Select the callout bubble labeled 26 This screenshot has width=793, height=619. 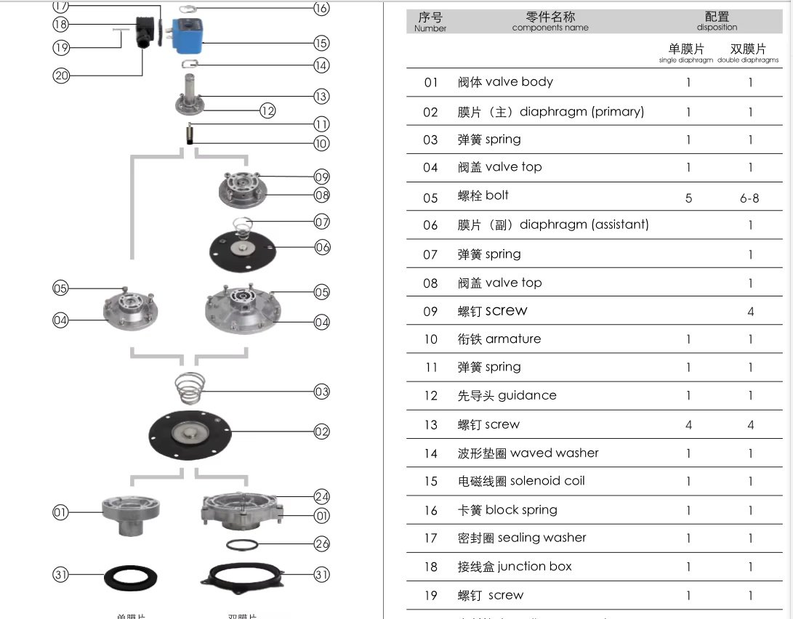(322, 543)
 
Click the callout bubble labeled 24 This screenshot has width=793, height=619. (322, 497)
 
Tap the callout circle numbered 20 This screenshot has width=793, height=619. (61, 74)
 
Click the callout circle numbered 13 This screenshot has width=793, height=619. (321, 96)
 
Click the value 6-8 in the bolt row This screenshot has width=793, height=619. (749, 198)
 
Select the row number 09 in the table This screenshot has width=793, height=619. (430, 311)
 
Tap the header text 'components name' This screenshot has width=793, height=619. (550, 28)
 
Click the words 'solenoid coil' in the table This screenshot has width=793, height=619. (547, 481)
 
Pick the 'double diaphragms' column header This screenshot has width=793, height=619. (748, 60)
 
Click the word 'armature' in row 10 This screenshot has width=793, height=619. (513, 339)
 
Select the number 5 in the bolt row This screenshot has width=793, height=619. (688, 198)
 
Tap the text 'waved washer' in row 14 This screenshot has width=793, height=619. (555, 453)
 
